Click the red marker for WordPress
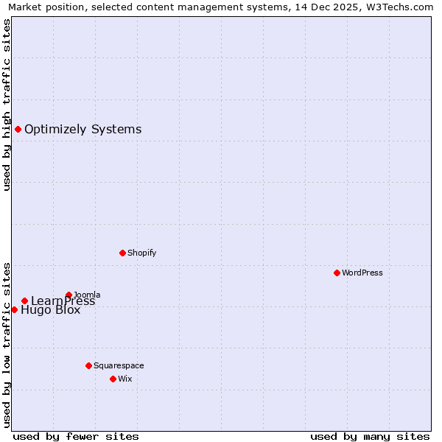(x=337, y=273)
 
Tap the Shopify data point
(x=122, y=253)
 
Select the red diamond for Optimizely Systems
(x=18, y=130)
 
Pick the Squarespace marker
(x=88, y=365)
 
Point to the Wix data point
(x=113, y=379)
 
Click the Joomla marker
(x=69, y=295)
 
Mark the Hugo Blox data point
(x=14, y=309)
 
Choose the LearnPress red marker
(x=24, y=301)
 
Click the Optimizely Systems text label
(x=83, y=130)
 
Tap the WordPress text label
(x=362, y=273)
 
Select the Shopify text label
(x=141, y=253)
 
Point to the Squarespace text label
(x=119, y=365)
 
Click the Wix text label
(x=124, y=379)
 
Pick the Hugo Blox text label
(x=50, y=310)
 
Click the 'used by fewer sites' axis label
(x=76, y=436)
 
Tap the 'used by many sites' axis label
(x=370, y=436)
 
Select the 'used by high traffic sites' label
(x=7, y=105)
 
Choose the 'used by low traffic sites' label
(x=7, y=344)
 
